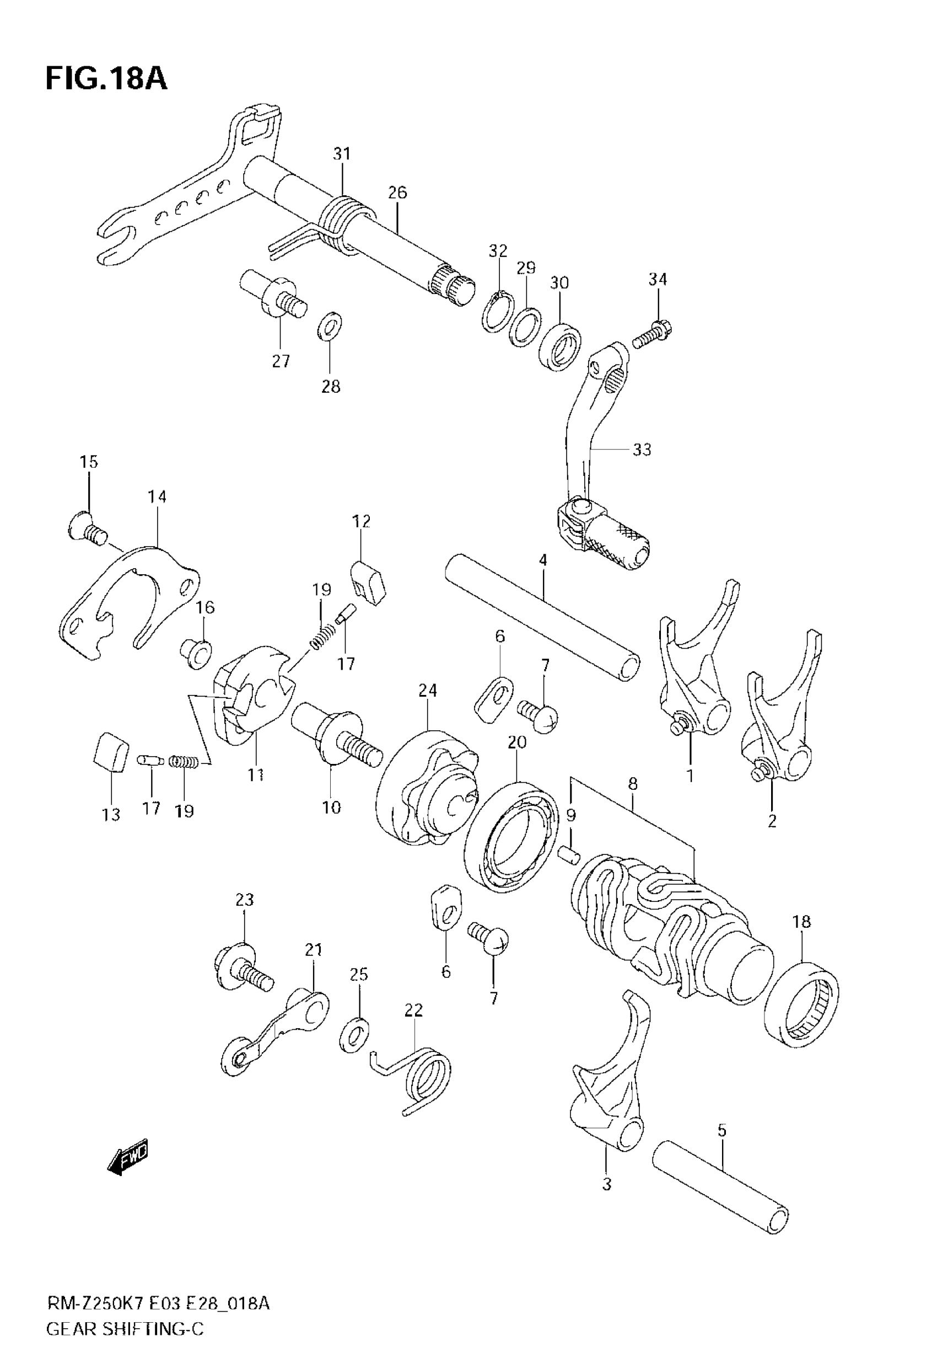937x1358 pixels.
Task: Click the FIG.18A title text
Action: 106,79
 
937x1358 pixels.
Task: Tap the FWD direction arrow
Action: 128,1159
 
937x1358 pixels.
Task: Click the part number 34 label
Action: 658,280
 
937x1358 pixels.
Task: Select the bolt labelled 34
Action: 653,333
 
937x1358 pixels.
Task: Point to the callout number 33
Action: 642,450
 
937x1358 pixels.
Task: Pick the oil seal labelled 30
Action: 560,346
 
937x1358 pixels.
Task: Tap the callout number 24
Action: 428,690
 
